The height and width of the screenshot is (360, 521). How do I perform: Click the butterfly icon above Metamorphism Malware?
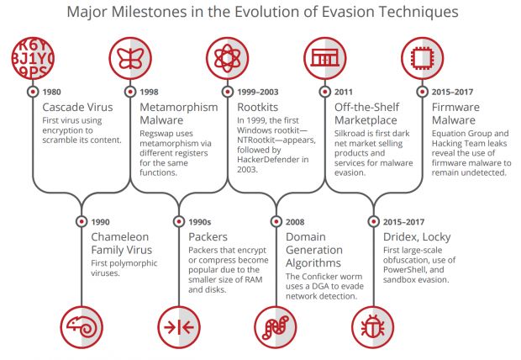coord(130,58)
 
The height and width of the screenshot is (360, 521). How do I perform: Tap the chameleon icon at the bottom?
coord(82,327)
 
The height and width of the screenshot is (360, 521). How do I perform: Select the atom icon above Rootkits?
coord(227,58)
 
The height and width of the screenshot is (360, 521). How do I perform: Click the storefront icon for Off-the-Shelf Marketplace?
coord(325,58)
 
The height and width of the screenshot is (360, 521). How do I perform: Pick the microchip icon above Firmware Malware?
coord(423,58)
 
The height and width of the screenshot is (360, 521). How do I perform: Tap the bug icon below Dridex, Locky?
coord(373,327)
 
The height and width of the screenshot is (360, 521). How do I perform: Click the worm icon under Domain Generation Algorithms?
coord(276,327)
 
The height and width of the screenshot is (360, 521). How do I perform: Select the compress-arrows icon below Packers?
coord(179,327)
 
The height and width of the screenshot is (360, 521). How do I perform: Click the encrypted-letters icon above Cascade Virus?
coord(33,58)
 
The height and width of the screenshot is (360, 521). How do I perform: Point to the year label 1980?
coord(52,92)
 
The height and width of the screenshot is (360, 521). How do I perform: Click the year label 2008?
coord(295,222)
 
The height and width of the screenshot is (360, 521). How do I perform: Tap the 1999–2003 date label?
coord(258,92)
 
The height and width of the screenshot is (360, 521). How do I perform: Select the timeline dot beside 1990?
coord(82,221)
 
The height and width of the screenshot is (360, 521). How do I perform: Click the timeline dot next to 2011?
coord(325,92)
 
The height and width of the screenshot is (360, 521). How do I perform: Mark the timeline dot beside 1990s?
coord(179,221)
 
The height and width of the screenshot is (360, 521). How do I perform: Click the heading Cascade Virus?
coord(78,107)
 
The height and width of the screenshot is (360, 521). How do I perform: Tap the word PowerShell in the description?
coord(404,270)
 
